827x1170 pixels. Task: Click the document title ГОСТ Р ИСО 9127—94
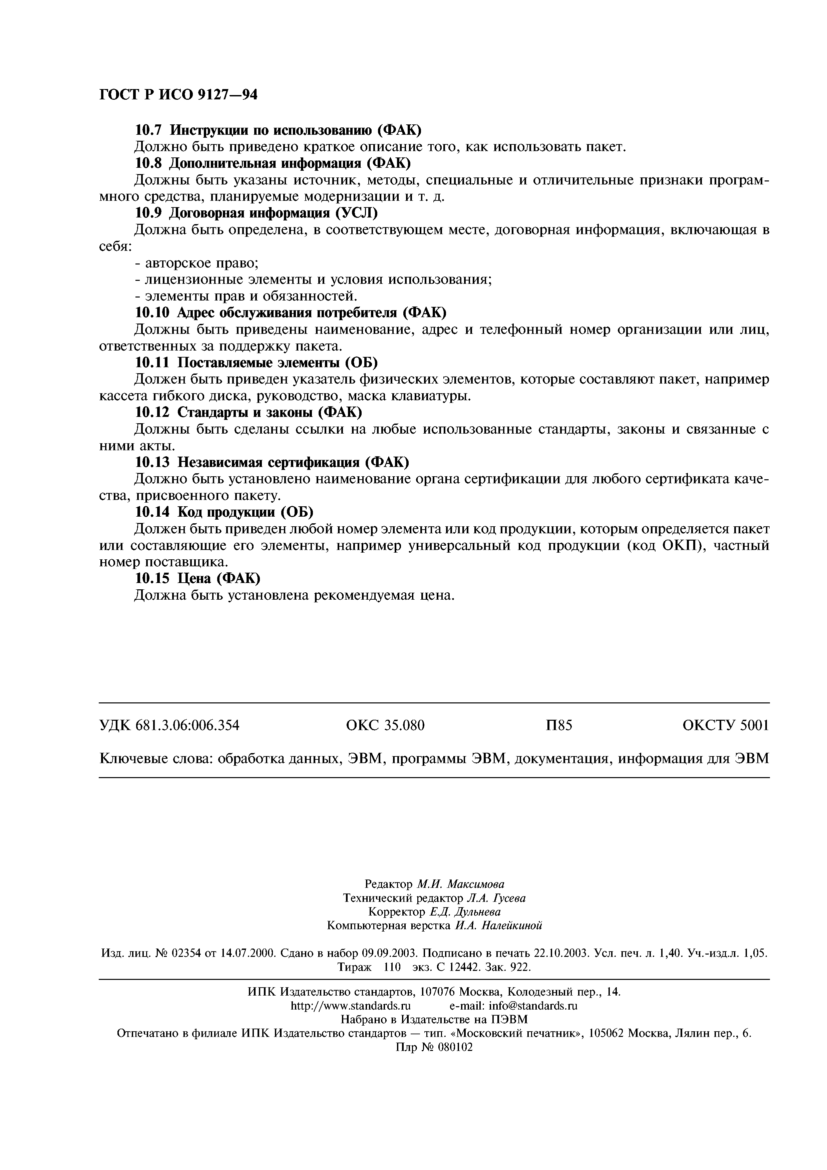[x=178, y=95]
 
